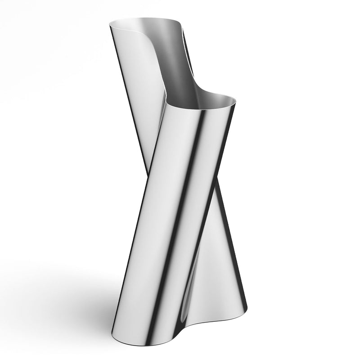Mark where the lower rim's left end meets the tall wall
(x=166, y=104)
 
